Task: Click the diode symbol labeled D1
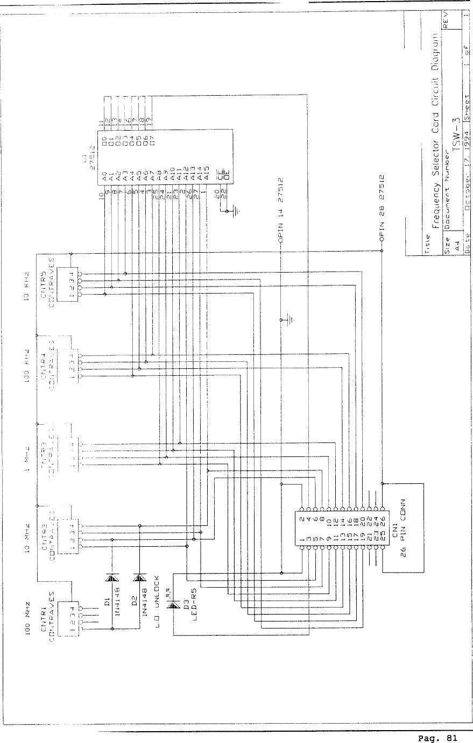click(112, 578)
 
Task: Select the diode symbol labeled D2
click(140, 578)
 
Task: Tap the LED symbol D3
click(173, 605)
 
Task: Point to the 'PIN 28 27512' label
click(383, 207)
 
